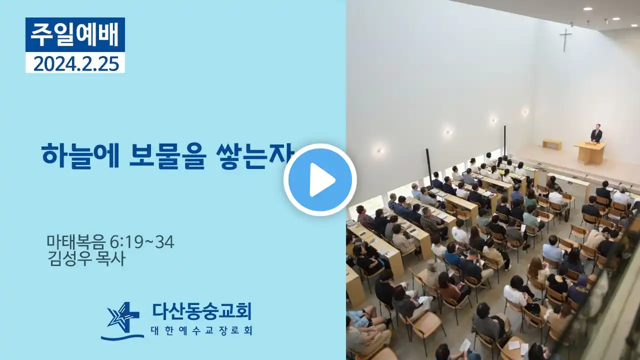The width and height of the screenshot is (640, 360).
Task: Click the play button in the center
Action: pos(320,180)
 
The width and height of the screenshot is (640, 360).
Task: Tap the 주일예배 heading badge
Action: pos(75,34)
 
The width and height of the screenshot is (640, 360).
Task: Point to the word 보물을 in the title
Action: pos(167,157)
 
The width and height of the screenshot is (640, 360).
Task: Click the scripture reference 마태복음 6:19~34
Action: pos(110,242)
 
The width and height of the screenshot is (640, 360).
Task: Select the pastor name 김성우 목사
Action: pos(86,259)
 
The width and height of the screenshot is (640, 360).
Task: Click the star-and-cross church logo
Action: pos(122,321)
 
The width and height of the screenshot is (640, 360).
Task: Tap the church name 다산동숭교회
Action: pos(201,311)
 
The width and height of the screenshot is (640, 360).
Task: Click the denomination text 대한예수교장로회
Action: pos(201,331)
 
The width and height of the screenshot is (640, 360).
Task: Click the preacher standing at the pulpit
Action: pos(596,132)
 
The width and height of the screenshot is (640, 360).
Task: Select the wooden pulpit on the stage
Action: pos(590,152)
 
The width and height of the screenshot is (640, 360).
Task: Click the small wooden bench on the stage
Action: pos(551,144)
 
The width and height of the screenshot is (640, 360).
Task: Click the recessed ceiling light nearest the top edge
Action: pos(587,9)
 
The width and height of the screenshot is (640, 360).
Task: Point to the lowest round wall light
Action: pos(380,150)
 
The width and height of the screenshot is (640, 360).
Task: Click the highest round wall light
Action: pos(525,111)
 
